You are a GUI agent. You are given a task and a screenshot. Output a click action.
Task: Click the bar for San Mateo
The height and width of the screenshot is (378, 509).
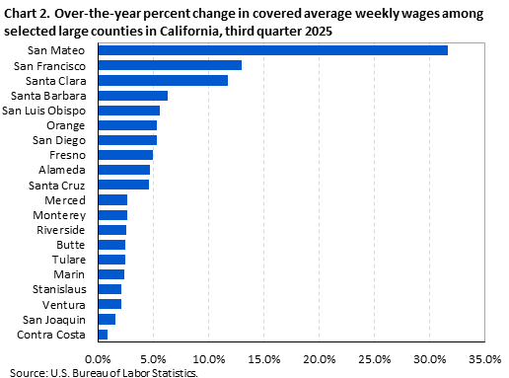click(x=272, y=50)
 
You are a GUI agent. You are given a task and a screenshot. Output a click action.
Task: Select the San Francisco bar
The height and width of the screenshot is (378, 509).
click(x=170, y=65)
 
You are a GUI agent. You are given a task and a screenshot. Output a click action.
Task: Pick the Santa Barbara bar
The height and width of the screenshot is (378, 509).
click(x=132, y=96)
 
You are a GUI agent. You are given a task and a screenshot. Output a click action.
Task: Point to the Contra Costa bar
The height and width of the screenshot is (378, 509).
click(x=103, y=335)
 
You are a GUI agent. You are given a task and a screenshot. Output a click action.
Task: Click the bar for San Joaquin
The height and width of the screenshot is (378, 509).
click(x=107, y=320)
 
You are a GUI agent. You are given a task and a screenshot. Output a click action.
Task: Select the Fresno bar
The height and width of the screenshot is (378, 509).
click(x=125, y=155)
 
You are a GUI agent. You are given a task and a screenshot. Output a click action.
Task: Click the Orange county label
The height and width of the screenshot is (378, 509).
click(x=66, y=125)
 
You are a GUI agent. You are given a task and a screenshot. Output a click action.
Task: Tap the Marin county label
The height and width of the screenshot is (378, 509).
click(x=70, y=274)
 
